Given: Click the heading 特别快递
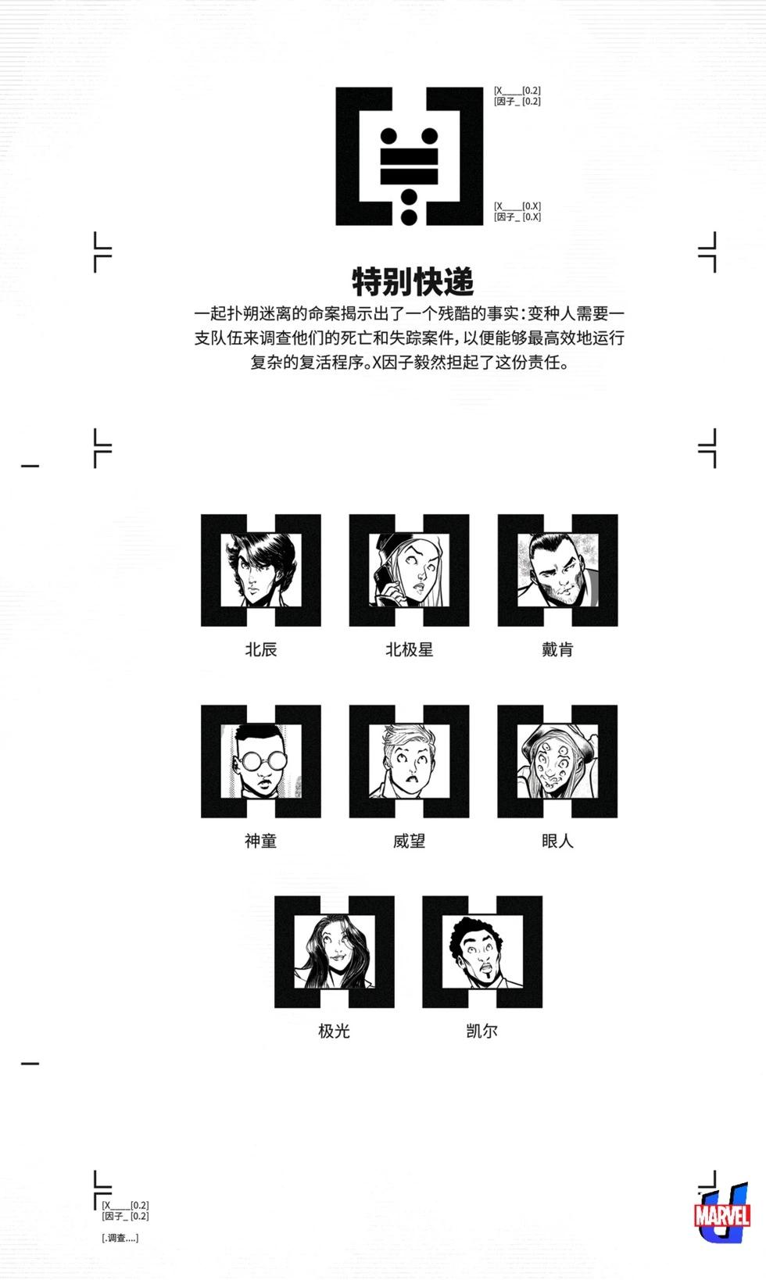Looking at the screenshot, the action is [x=412, y=281].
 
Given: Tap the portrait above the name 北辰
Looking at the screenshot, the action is [x=260, y=570].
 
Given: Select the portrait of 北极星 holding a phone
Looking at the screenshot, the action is [x=410, y=570].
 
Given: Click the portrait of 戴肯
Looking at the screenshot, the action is [x=557, y=570].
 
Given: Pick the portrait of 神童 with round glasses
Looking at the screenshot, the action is [x=260, y=761].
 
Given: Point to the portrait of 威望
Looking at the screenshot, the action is [x=410, y=761].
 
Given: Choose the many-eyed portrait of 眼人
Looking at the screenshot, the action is [x=557, y=761].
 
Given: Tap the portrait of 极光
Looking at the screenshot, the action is [x=335, y=952].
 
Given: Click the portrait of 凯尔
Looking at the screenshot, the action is [x=482, y=952].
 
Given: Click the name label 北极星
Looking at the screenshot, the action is [x=410, y=649].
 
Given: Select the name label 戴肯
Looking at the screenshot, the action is [x=557, y=649].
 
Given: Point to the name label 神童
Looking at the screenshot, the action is [x=260, y=841].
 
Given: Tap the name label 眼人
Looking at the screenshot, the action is [x=557, y=841].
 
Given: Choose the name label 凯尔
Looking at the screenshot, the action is [x=482, y=1031].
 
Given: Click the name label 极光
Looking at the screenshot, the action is [x=334, y=1031].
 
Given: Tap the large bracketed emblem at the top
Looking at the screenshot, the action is [x=410, y=156].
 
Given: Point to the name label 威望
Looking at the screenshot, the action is [x=410, y=841].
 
